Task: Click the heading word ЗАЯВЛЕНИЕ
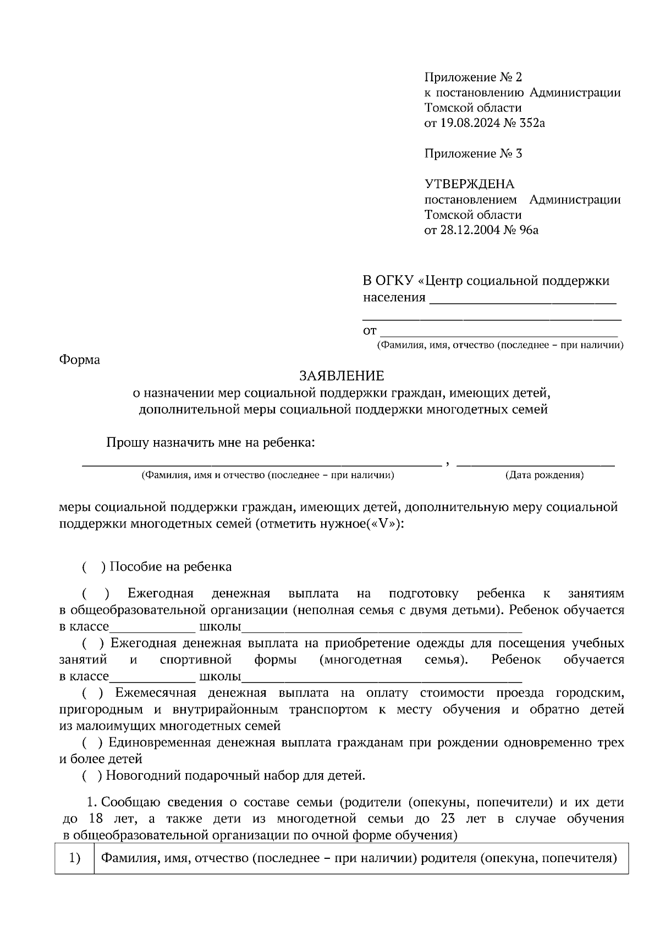coord(341,376)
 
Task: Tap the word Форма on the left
coord(79,360)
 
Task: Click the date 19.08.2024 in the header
coord(470,123)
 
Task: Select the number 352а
coord(532,123)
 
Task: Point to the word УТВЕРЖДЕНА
coord(469,184)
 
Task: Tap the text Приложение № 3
coord(473,153)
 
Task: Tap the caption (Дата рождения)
coord(544,475)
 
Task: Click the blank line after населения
coord(522,300)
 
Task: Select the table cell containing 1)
coord(75,858)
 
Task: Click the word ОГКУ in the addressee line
coord(394,281)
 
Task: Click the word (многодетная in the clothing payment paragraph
coord(360,659)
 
